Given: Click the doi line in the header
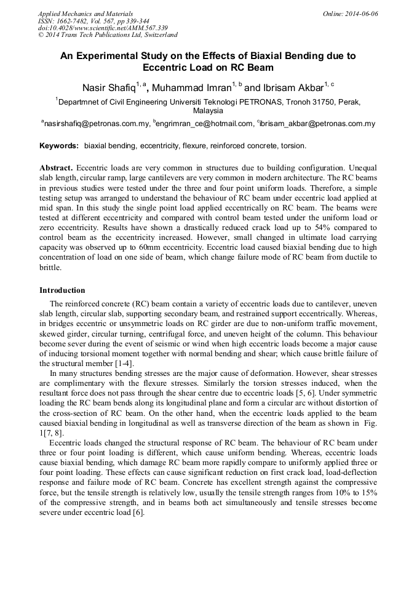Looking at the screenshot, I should (103, 28).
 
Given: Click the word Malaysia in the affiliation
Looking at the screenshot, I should (208, 111).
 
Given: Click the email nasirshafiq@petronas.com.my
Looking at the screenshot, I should (97, 124).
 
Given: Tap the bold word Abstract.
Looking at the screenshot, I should (56, 167).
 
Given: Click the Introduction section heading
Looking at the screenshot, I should (62, 290).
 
